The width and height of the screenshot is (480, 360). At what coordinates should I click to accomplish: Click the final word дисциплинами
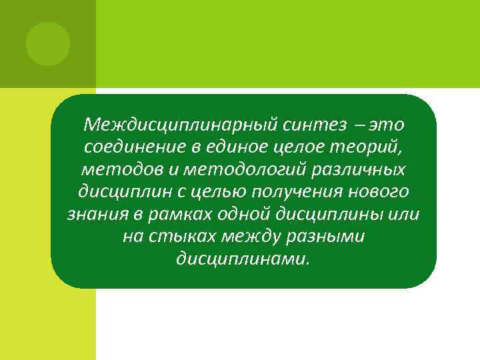pyautogui.click(x=243, y=259)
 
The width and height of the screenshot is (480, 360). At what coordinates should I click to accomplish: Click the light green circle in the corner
pyautogui.click(x=48, y=44)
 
